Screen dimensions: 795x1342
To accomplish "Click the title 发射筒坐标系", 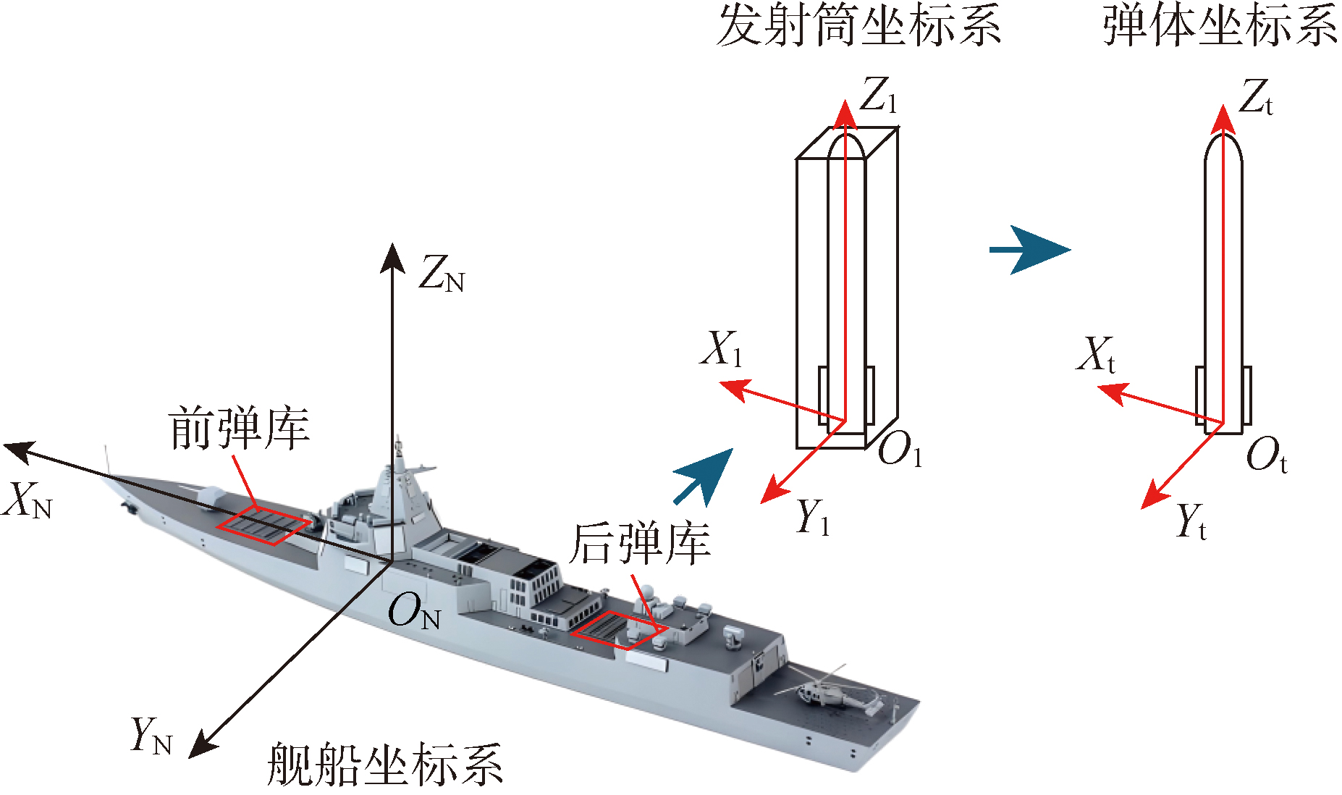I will coord(858,25).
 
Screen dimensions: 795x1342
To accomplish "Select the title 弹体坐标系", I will coord(1220,25).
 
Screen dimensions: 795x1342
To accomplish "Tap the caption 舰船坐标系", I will coord(384,764).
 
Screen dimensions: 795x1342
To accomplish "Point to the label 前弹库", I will coord(239,428).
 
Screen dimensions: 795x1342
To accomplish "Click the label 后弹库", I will coord(638,544).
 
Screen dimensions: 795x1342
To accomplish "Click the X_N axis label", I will coord(28,500).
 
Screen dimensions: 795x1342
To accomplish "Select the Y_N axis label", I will coord(151,736).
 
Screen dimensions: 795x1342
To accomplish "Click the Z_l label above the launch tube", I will coord(878,95).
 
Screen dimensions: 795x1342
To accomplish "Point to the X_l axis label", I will coord(721,349).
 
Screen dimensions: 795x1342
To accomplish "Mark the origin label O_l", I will coord(900,450).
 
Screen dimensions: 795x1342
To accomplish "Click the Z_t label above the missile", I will coord(1256,97).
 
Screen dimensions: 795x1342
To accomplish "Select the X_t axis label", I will coord(1096,355).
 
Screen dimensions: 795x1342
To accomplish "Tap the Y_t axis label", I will coord(1191,521).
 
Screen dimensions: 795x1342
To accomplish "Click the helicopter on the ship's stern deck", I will coord(832,692).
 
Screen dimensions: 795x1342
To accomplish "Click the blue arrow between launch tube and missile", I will coord(1029,250).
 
